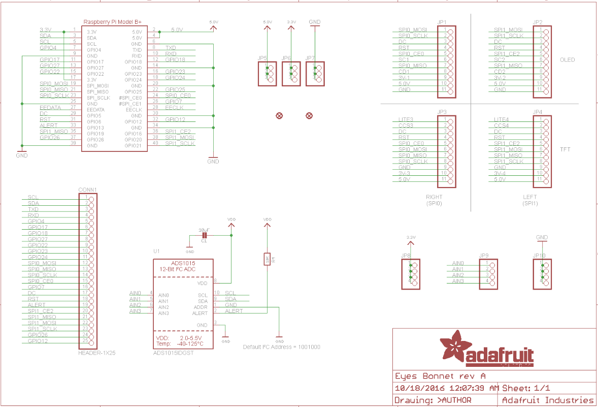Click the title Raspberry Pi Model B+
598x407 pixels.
112,22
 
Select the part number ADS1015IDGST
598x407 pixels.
173,353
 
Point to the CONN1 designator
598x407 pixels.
87,190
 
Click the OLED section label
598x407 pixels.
567,60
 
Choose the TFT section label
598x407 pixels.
564,150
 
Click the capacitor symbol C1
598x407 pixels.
205,235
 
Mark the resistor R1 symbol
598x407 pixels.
267,259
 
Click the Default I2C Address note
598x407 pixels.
282,347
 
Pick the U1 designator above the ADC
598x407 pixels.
156,252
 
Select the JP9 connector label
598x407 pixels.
483,255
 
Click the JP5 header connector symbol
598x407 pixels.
266,74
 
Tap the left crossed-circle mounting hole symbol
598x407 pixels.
279,116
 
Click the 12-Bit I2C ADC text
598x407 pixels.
177,268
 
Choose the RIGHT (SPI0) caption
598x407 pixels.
435,200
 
